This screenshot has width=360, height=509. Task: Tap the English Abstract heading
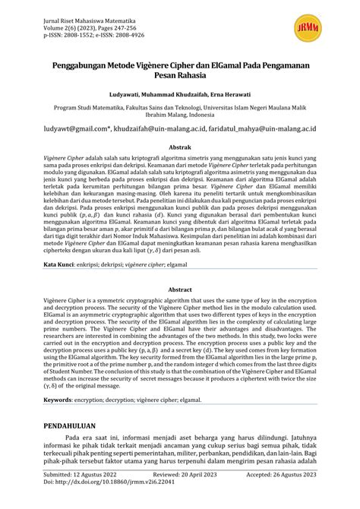[x=179, y=289]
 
